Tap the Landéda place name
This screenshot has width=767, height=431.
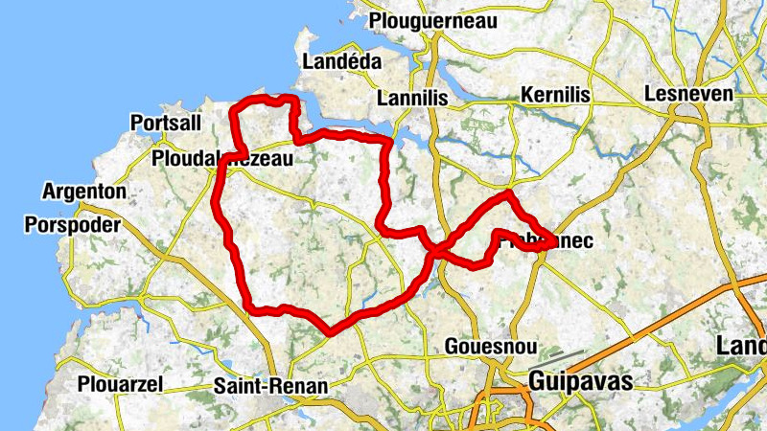point(341,61)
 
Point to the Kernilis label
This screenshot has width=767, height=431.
point(555,95)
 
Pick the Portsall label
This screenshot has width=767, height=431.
point(165,123)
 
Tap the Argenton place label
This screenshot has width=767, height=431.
point(83,192)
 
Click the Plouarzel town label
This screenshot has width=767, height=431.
point(122,384)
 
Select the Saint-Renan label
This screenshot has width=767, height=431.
point(270,386)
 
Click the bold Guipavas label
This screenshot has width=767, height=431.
point(580,382)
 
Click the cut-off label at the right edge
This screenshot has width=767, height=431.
point(743,348)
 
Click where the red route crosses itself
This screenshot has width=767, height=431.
point(434,251)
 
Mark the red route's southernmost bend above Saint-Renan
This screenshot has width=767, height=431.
point(330,331)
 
